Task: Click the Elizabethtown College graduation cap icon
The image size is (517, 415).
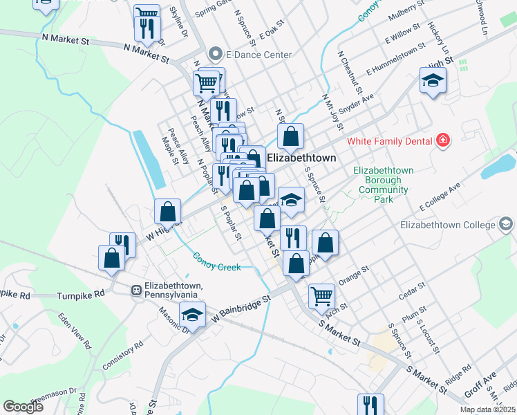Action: pyautogui.click(x=507, y=224)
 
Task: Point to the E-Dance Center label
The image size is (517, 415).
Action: pyautogui.click(x=258, y=55)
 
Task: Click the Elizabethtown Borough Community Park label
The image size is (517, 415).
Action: pyautogui.click(x=383, y=185)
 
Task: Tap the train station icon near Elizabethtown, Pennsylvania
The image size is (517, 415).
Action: pyautogui.click(x=137, y=290)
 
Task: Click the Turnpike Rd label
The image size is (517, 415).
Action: pyautogui.click(x=80, y=293)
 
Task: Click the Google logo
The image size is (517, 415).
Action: pyautogui.click(x=23, y=407)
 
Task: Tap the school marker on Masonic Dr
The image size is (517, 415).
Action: pyautogui.click(x=193, y=313)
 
